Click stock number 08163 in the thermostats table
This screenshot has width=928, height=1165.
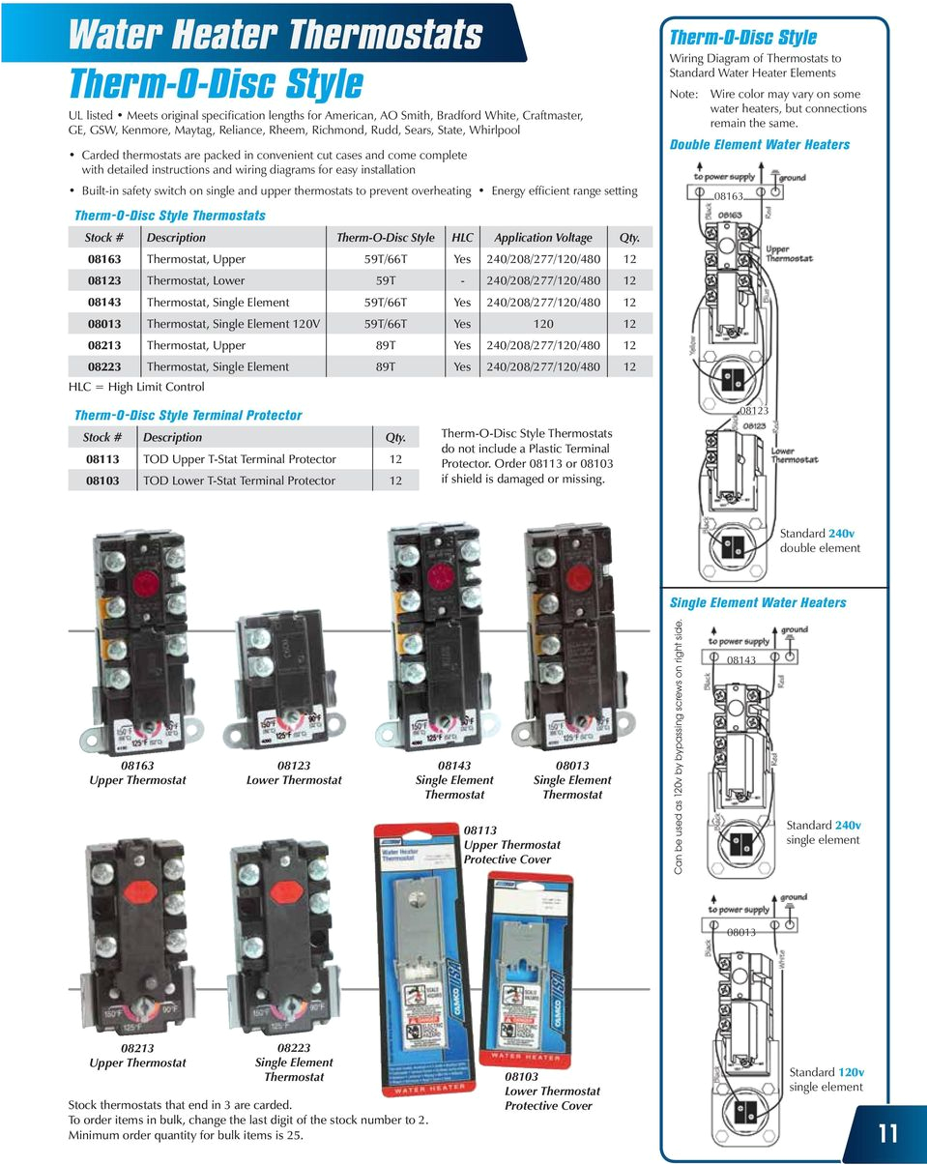click(x=104, y=259)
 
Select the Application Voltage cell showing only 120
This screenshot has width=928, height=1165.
click(x=543, y=324)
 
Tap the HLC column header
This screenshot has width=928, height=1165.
click(x=462, y=238)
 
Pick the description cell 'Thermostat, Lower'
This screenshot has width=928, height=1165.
click(x=195, y=280)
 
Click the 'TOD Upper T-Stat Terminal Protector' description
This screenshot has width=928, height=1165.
click(x=240, y=459)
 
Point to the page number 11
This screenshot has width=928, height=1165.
click(x=887, y=1133)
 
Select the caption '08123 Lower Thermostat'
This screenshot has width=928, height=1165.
click(x=294, y=772)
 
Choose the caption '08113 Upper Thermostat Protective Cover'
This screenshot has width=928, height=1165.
click(x=511, y=844)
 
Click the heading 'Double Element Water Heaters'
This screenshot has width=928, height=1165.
click(x=760, y=145)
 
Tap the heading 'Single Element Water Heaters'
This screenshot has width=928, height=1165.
click(x=758, y=603)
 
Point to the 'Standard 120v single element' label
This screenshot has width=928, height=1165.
click(x=826, y=1079)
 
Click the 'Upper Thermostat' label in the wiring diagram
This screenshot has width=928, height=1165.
click(x=790, y=253)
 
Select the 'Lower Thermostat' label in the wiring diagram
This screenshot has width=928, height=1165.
click(x=795, y=454)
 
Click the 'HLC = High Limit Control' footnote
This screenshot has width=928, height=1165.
click(x=136, y=387)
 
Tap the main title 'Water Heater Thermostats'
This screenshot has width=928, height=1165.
click(x=275, y=36)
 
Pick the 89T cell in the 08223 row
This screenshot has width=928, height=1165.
click(x=385, y=366)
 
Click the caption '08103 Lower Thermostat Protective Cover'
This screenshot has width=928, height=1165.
click(x=552, y=1091)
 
